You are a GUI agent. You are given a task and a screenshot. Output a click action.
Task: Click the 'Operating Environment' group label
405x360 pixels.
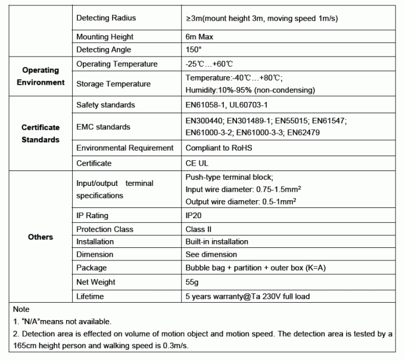click(x=40, y=76)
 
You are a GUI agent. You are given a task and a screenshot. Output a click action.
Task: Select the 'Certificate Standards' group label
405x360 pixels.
click(x=40, y=134)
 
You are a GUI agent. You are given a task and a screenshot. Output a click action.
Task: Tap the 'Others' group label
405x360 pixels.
click(x=40, y=237)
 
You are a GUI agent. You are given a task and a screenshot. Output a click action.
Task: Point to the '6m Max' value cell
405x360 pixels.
click(x=200, y=36)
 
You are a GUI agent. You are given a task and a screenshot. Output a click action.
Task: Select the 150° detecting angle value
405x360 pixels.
click(x=194, y=50)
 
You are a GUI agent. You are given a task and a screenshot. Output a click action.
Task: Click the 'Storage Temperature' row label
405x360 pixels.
click(x=114, y=84)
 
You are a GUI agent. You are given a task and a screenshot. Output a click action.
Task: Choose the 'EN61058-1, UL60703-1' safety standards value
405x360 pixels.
click(x=232, y=105)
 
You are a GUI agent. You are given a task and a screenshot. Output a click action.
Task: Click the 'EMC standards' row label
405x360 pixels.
click(x=103, y=127)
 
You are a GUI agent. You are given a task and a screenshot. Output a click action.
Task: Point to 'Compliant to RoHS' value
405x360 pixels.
click(x=219, y=148)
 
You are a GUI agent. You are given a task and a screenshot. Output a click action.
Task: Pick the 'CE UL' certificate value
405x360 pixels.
click(x=197, y=163)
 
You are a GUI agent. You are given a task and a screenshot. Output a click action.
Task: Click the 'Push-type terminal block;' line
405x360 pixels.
click(x=229, y=177)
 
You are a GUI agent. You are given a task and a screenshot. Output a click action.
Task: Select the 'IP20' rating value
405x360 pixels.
click(x=195, y=216)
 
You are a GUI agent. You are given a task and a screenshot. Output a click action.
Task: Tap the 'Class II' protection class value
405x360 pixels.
click(x=199, y=229)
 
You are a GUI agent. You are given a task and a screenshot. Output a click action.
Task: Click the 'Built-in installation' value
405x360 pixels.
click(x=217, y=242)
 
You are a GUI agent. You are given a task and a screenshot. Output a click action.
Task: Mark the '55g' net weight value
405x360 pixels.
click(x=193, y=282)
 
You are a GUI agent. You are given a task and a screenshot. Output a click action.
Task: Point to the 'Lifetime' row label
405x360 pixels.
click(x=90, y=296)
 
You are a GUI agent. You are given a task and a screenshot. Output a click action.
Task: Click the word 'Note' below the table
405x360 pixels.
click(x=21, y=310)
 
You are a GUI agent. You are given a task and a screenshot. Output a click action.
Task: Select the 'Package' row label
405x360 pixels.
click(x=92, y=268)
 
